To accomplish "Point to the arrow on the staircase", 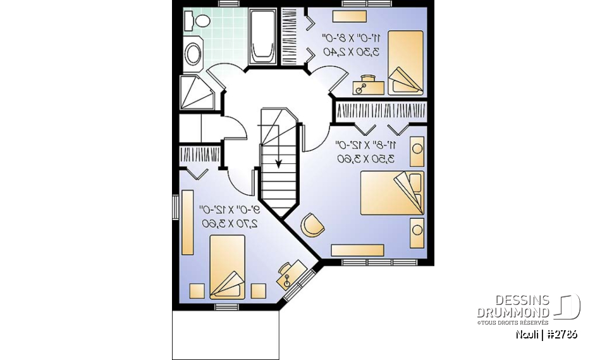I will (x=278, y=163).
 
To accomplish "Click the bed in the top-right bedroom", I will (x=405, y=62).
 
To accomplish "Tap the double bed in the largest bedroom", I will (x=392, y=192).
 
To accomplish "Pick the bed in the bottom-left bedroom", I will (x=226, y=266).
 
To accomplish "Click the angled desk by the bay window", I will (x=290, y=273).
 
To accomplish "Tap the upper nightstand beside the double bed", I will (x=417, y=152).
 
